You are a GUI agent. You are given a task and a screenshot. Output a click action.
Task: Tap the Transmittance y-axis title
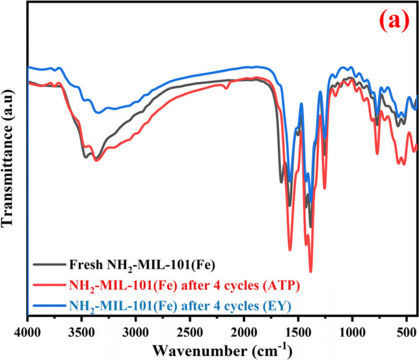(10, 159)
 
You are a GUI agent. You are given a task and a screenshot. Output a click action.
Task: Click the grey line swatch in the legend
(48, 265)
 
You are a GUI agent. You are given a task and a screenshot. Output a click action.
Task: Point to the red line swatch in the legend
(48, 284)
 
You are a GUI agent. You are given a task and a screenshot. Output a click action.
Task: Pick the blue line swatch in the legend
(48, 303)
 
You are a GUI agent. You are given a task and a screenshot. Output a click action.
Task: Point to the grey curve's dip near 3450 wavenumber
(85, 157)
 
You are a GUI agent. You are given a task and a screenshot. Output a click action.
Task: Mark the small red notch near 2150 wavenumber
(226, 87)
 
